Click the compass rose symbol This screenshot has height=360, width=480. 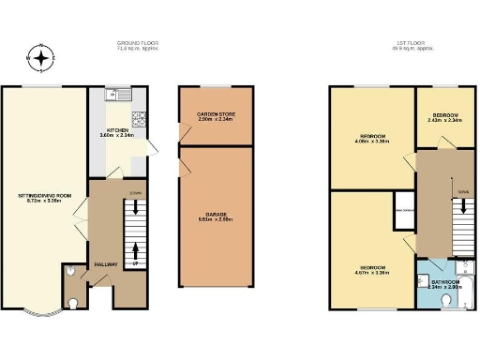click(x=41, y=58)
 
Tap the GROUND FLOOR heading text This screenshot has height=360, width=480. click(x=136, y=44)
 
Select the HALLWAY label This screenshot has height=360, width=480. click(x=105, y=265)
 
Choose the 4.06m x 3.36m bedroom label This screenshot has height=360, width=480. click(x=372, y=141)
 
